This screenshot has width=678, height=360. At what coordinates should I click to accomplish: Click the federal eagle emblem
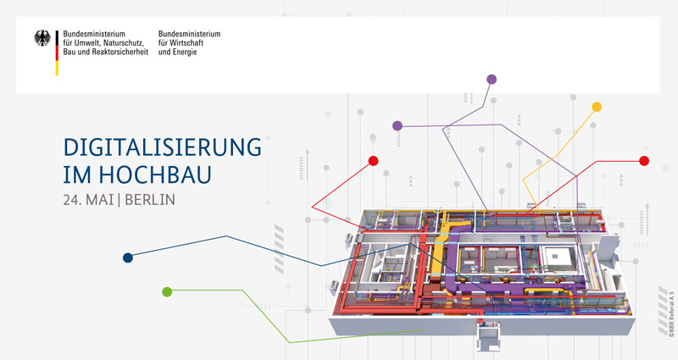[42, 38]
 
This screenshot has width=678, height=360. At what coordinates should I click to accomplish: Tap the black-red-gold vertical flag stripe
[57, 53]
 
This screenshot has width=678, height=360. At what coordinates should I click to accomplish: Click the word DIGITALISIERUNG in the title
[162, 147]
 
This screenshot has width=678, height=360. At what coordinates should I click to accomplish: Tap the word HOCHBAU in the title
[155, 174]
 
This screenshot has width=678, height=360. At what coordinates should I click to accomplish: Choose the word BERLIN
[150, 200]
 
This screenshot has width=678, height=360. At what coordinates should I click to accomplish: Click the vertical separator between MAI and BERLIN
[119, 200]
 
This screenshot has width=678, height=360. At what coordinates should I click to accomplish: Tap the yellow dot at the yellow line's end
[597, 107]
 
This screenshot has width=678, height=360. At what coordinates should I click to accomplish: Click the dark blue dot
[128, 258]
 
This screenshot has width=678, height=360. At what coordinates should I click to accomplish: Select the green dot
[167, 291]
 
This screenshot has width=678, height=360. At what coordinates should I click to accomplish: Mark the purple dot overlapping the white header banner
[492, 79]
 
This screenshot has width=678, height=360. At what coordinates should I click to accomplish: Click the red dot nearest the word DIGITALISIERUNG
[373, 161]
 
